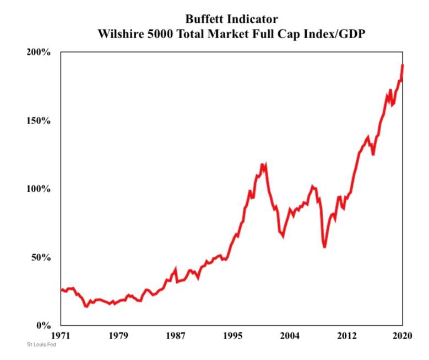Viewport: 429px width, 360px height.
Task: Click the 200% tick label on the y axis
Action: pos(39,52)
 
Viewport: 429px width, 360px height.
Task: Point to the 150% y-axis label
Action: pos(39,121)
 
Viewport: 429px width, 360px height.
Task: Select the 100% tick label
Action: pos(39,189)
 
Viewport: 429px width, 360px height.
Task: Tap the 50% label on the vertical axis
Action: pos(41,257)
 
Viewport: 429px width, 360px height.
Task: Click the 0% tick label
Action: pos(44,325)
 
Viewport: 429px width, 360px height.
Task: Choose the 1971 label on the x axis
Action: pos(61,335)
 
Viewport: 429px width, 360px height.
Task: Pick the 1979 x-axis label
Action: pos(118,335)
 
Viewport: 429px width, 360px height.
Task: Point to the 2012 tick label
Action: pos(346,335)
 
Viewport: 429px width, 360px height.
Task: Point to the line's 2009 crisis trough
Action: pos(325,246)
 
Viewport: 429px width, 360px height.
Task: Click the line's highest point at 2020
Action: pos(403,65)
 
